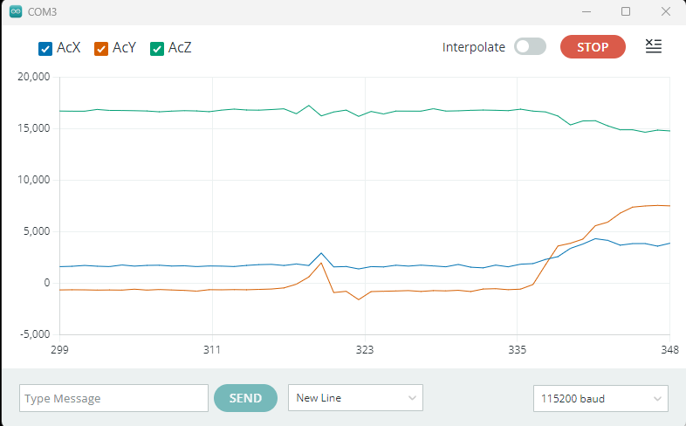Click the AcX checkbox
click(x=46, y=49)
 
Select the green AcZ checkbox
click(x=158, y=49)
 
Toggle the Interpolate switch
click(x=530, y=47)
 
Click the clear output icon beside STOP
click(x=653, y=46)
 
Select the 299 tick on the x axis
click(x=59, y=349)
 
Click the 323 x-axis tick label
click(x=365, y=349)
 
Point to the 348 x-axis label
click(x=669, y=349)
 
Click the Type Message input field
click(x=113, y=398)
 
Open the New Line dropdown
click(x=355, y=398)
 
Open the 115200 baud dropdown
click(x=600, y=398)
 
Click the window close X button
click(x=666, y=11)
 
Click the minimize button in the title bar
click(x=585, y=11)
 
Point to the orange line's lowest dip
click(x=359, y=299)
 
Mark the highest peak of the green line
click(x=309, y=106)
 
